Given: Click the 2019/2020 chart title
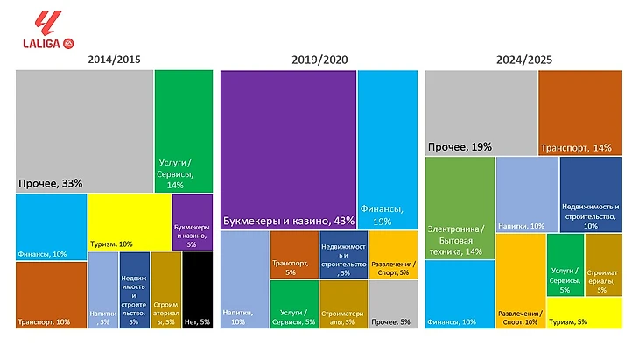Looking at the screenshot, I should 319,60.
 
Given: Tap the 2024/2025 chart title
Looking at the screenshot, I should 523,60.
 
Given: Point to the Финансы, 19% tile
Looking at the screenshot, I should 387,149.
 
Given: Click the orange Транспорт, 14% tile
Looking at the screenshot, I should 579,114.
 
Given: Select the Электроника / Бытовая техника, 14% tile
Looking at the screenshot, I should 460,208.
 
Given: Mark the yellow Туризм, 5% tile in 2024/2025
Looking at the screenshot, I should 584,313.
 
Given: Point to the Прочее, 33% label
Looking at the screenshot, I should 51,183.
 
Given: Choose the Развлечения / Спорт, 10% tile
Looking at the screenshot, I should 521,280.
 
